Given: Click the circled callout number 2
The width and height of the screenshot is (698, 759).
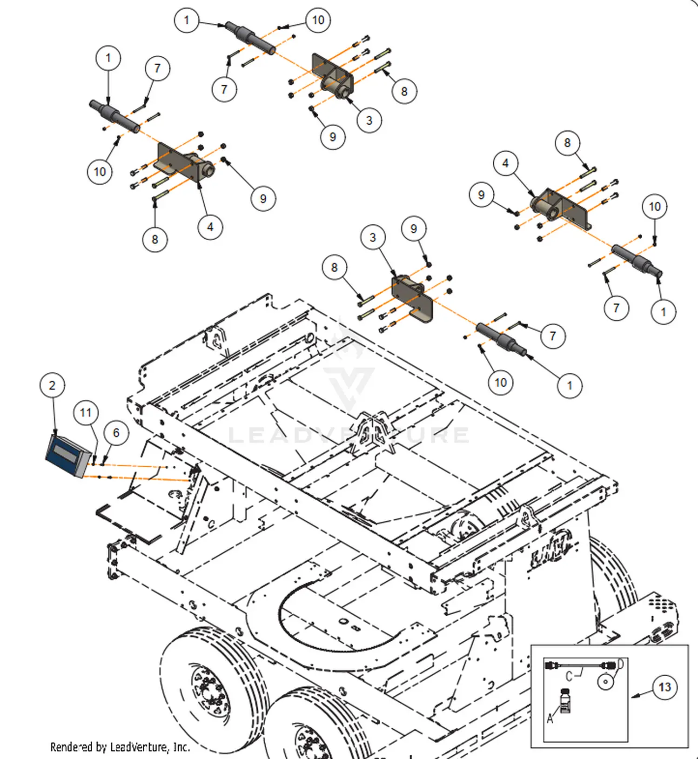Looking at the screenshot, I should pyautogui.click(x=52, y=385).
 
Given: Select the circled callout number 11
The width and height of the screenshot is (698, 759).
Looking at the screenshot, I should pyautogui.click(x=86, y=413).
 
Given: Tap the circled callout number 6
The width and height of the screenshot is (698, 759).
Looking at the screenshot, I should pyautogui.click(x=116, y=433).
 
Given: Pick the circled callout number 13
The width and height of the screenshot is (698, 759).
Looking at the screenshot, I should pyautogui.click(x=664, y=687).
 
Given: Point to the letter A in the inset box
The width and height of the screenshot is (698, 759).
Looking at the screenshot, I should pyautogui.click(x=550, y=719).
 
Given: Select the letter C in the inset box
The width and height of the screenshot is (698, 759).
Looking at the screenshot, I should pyautogui.click(x=569, y=676).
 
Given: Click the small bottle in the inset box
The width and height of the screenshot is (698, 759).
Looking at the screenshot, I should pyautogui.click(x=565, y=700).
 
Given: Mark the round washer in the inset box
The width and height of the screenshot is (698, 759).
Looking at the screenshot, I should pyautogui.click(x=605, y=682).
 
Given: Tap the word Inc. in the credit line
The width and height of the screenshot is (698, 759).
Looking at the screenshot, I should pyautogui.click(x=181, y=747).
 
